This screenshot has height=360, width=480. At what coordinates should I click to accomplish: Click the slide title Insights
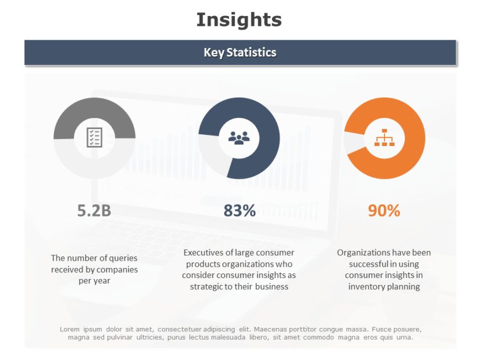239,20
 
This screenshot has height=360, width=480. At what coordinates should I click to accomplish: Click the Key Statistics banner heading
240,52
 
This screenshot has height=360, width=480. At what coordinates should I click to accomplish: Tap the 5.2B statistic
94,210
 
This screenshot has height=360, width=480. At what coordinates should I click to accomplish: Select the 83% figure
239,210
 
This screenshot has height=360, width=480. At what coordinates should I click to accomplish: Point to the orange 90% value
384,210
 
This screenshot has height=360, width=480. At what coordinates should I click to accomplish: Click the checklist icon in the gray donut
94,137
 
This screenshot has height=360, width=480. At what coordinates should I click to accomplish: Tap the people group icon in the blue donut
239,138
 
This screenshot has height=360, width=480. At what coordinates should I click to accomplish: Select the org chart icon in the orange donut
385,137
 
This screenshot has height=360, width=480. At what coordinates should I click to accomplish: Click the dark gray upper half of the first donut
94,108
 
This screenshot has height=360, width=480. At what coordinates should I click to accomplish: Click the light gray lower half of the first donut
94,168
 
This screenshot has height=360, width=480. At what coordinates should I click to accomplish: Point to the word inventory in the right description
366,287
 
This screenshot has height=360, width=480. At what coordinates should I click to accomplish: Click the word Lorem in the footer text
69,329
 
